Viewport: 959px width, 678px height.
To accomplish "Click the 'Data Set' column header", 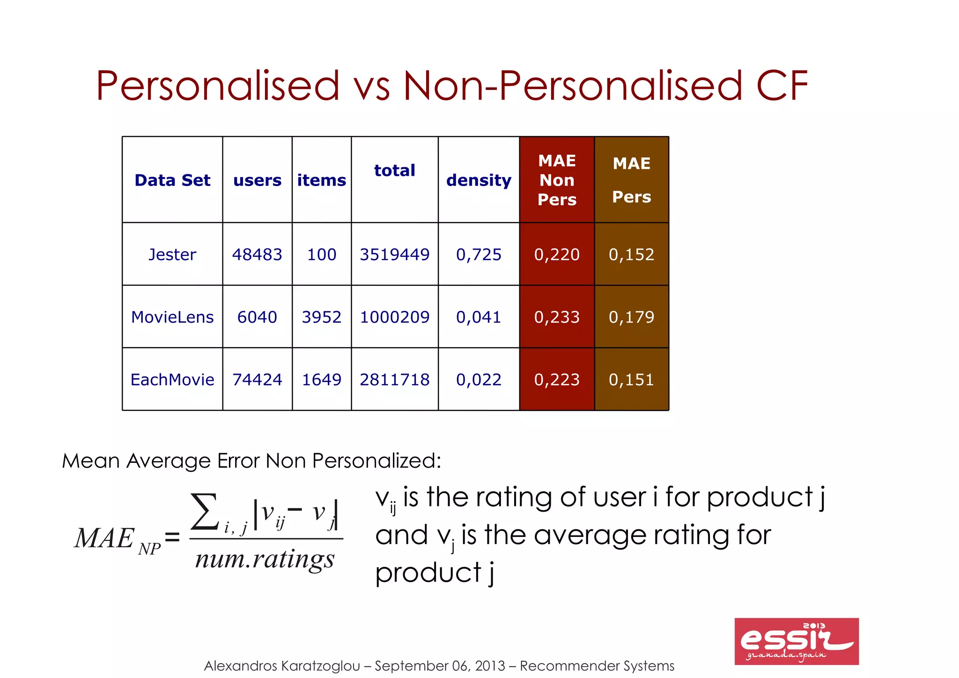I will (x=172, y=180).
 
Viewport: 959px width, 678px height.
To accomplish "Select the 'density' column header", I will (x=479, y=180).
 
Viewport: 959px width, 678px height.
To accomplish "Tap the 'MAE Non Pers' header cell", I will (x=557, y=180).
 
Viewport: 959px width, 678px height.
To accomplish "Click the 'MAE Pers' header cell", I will (x=631, y=180).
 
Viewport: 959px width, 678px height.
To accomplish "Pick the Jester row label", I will (x=172, y=254).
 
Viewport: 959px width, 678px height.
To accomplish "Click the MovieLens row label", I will (x=172, y=317).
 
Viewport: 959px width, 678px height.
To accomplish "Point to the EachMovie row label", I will (x=172, y=380).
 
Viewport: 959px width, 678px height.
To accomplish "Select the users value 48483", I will (x=257, y=254).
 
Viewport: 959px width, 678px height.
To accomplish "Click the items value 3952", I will (x=322, y=317).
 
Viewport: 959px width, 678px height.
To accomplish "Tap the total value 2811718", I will (x=394, y=380).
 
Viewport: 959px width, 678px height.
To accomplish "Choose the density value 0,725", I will (x=479, y=254).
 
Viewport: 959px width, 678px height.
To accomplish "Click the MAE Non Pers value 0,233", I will (x=557, y=317).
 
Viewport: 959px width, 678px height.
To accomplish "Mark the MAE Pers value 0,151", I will (x=631, y=380).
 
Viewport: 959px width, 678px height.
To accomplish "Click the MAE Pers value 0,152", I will (x=631, y=254).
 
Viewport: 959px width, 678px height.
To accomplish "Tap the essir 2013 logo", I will (x=796, y=641).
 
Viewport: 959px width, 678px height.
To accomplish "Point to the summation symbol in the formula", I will (x=205, y=512).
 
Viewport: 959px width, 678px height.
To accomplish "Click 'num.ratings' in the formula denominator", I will (x=265, y=559).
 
